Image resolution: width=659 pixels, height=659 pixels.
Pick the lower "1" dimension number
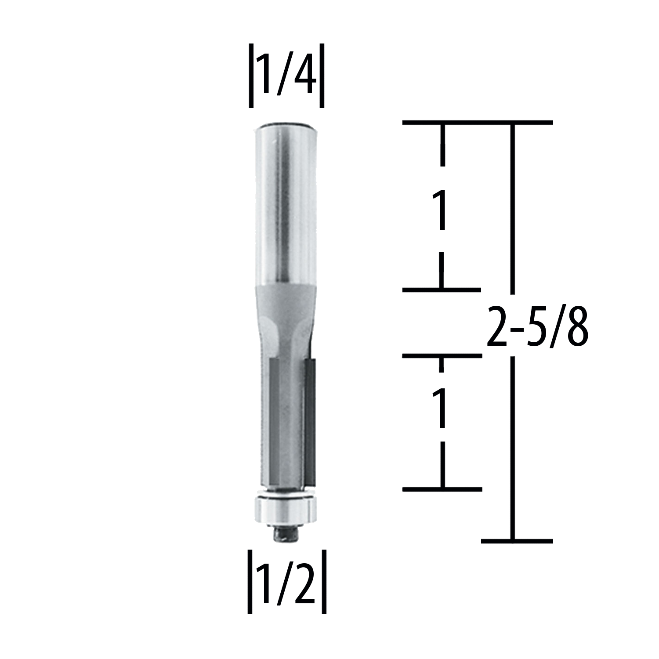click(x=441, y=409)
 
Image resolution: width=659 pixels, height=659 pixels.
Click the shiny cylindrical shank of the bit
click(x=286, y=202)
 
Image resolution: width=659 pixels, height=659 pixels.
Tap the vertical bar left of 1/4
click(x=251, y=76)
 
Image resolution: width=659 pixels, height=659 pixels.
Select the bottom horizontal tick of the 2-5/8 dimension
click(x=517, y=541)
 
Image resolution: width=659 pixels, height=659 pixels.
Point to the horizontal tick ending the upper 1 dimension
click(x=442, y=290)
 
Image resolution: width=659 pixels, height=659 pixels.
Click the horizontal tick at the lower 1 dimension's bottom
click(x=442, y=489)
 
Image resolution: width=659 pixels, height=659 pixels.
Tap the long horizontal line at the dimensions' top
click(x=478, y=123)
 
